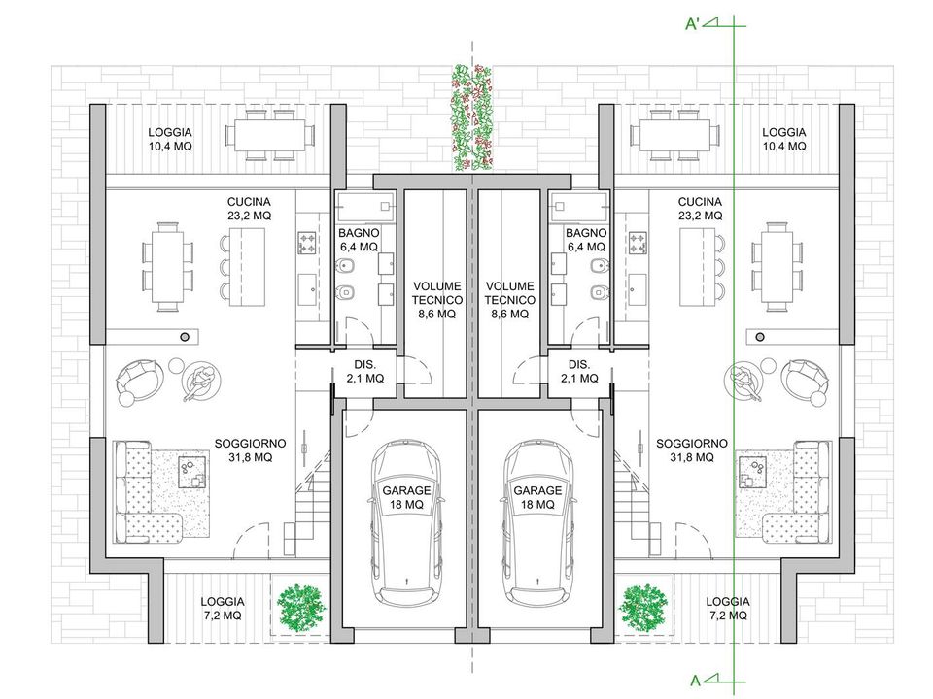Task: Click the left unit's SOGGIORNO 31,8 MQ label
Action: pos(250,450)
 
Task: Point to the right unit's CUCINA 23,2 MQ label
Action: pos(700,209)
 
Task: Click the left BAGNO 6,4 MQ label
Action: pos(359,240)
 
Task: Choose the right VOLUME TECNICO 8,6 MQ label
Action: pos(510,300)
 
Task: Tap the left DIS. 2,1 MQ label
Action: pos(364,372)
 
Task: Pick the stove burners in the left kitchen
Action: pos(307,243)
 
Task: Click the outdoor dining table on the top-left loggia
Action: pos(269,136)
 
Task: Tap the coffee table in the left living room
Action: pos(192,472)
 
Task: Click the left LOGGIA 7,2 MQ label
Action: pos(222,609)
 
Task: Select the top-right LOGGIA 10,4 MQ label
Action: pos(783,139)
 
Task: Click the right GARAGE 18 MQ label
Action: pos(537,497)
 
